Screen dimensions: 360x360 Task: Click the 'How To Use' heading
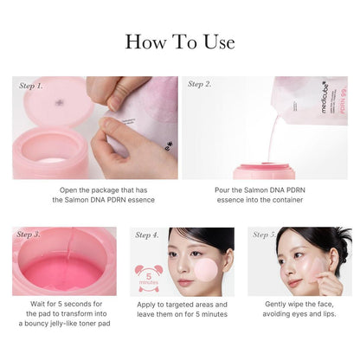tap(179, 41)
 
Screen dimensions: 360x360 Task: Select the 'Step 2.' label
tap(200, 85)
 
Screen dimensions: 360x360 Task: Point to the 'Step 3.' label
tap(29, 235)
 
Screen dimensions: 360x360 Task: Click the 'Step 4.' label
tap(147, 235)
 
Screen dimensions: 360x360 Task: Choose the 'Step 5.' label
tap(265, 235)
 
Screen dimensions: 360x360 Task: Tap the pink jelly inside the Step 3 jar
tap(62, 273)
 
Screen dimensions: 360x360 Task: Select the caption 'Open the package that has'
tap(95, 189)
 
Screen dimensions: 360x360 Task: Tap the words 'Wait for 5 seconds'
tap(57, 305)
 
